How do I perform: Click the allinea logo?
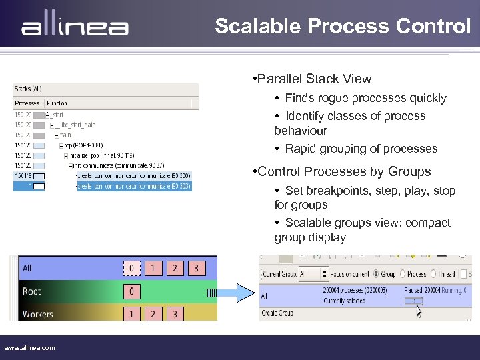point(75,27)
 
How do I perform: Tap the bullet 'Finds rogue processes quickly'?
point(365,98)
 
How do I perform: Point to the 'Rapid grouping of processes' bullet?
point(361,149)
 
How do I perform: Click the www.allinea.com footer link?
point(30,347)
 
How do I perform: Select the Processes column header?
point(27,103)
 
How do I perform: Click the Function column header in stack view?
point(57,103)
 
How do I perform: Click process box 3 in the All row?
point(196,269)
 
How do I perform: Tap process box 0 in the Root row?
point(131,291)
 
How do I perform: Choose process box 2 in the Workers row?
point(153,313)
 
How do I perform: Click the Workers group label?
point(37,314)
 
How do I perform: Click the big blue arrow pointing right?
point(234,292)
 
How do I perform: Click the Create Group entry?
point(278,313)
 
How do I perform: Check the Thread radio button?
point(433,274)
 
